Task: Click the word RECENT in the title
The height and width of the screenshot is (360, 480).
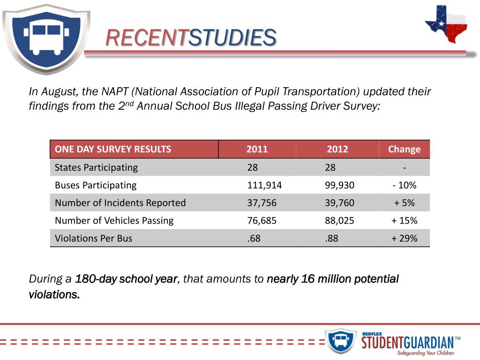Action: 146,38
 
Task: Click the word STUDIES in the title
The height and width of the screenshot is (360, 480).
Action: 232,38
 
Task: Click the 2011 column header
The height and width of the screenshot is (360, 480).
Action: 257,150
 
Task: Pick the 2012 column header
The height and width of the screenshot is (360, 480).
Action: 337,150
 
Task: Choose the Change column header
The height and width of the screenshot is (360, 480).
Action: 404,150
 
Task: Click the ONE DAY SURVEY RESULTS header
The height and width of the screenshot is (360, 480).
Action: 113,150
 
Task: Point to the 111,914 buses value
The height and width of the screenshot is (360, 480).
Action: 264,185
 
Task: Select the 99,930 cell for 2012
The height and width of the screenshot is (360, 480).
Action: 339,185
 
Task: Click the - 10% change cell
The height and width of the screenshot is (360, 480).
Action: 404,185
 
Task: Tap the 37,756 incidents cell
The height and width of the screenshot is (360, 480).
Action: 262,203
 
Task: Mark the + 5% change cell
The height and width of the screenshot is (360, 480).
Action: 404,203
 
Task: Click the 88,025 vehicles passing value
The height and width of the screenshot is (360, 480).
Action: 339,220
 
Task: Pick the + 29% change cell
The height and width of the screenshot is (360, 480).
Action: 404,238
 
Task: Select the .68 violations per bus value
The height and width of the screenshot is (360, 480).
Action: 254,238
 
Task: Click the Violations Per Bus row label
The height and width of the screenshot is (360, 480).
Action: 93,238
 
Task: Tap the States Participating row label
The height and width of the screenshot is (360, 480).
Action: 96,167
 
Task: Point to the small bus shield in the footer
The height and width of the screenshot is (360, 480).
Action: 340,341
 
